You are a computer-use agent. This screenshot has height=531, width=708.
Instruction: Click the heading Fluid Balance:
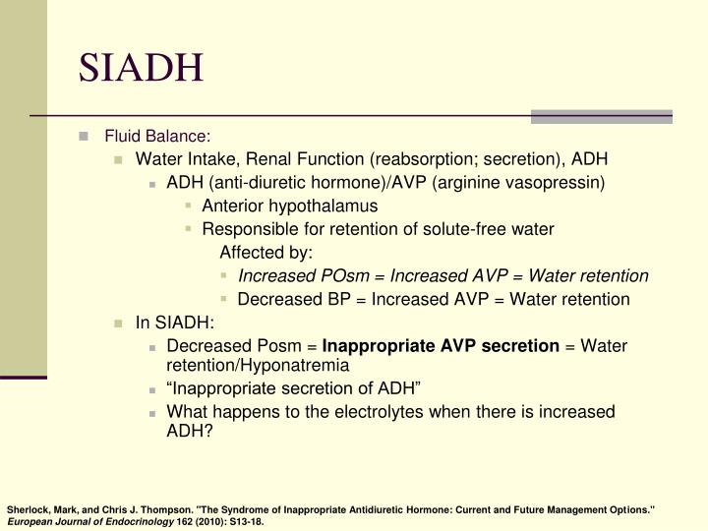click(158, 136)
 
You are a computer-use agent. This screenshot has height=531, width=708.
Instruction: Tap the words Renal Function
click(309, 159)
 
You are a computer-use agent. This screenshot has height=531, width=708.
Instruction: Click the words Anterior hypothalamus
click(289, 206)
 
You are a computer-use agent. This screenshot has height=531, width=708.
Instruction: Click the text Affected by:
click(265, 253)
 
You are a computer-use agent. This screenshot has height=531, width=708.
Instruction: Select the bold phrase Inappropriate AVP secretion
click(441, 346)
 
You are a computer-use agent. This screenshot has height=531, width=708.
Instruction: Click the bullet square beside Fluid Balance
click(85, 136)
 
